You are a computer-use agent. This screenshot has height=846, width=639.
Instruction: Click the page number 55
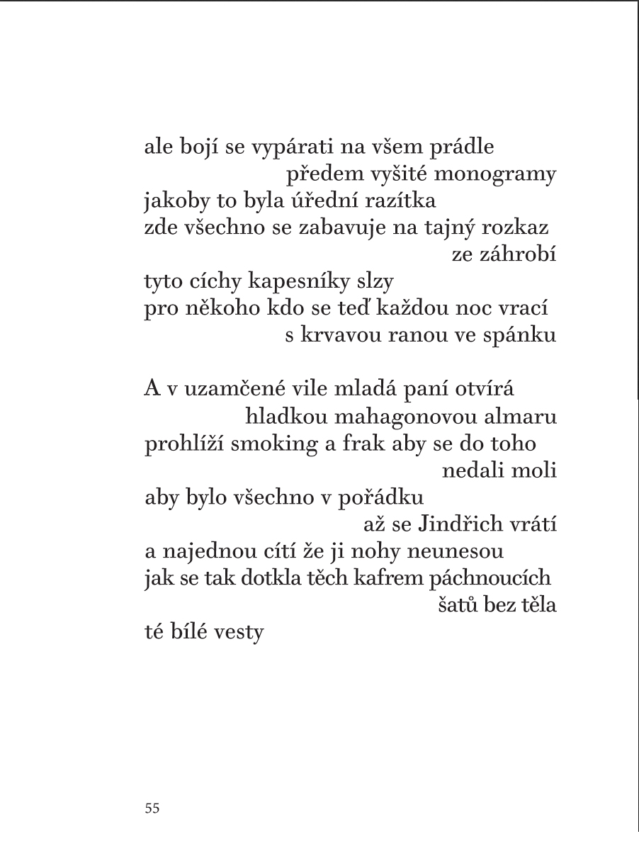click(152, 808)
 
